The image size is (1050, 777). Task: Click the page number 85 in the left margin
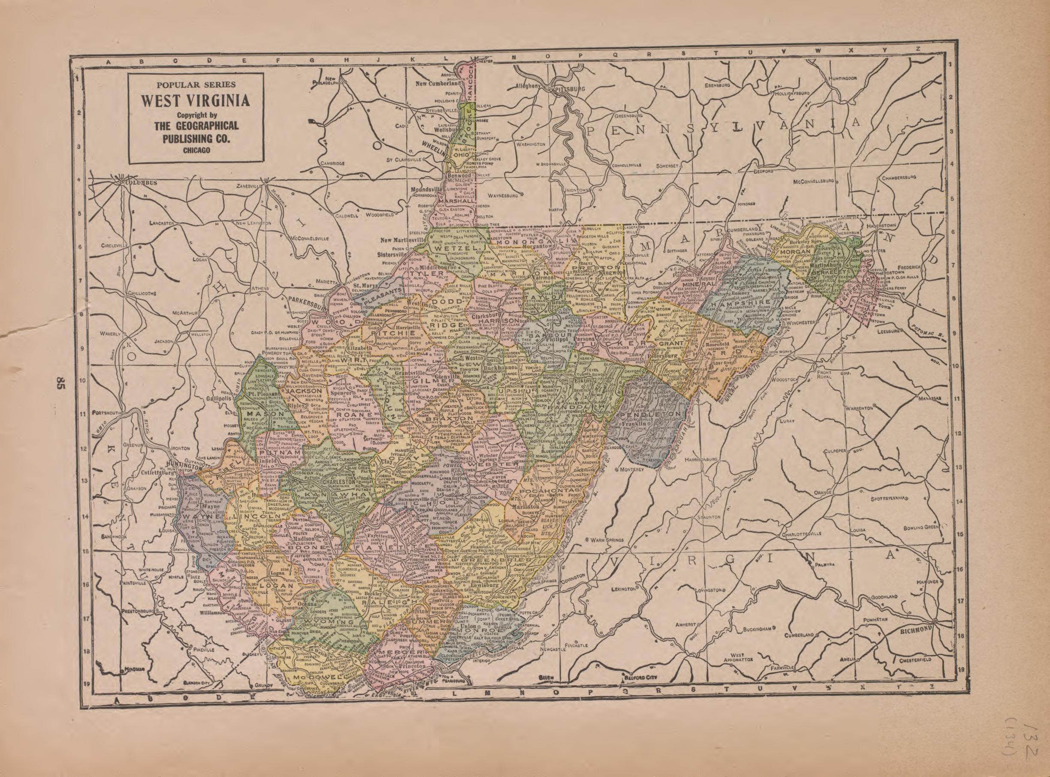click(x=60, y=383)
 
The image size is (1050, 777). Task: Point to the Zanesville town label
click(x=249, y=186)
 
